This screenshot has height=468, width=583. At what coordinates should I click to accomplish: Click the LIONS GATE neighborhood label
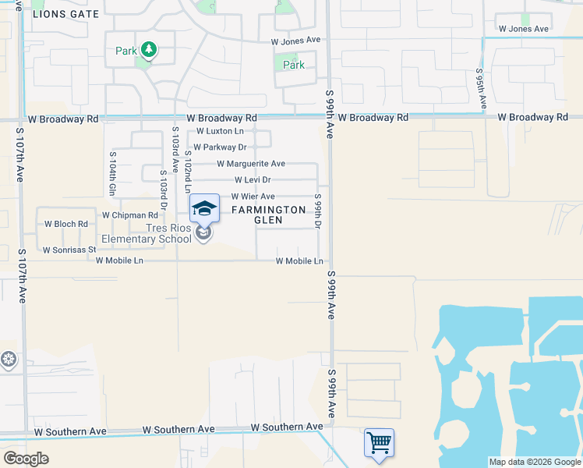point(66,14)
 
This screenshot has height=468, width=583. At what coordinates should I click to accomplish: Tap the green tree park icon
point(148,51)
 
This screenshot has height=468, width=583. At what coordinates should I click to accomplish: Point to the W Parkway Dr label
point(220,147)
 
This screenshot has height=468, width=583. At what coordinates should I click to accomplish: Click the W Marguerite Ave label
point(251,164)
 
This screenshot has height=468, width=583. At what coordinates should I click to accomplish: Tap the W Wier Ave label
point(253,197)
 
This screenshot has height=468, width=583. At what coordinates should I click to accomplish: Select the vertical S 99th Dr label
point(318,211)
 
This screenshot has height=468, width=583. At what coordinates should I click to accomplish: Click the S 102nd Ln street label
point(187,171)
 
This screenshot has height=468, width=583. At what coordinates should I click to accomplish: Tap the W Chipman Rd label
point(130,214)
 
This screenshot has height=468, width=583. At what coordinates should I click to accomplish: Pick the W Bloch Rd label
point(66,224)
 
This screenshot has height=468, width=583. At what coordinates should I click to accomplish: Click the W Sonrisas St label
point(69,250)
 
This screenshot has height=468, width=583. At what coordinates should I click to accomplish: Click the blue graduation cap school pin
point(204,208)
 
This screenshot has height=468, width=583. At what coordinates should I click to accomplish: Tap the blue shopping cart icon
point(379,442)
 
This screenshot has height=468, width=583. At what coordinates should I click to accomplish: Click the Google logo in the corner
point(26,459)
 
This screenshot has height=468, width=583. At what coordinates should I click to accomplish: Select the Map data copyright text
point(534,462)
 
